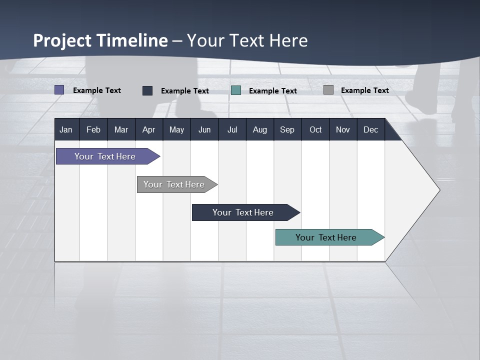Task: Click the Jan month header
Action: click(66, 129)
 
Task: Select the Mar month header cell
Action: click(121, 129)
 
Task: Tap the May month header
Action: click(176, 129)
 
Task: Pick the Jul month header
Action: click(232, 129)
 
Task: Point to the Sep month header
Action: click(287, 129)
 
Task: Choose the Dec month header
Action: click(370, 129)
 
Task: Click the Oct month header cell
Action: click(315, 129)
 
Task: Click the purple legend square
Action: click(59, 90)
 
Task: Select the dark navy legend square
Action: click(147, 90)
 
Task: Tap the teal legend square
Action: click(236, 90)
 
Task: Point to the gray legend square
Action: click(328, 90)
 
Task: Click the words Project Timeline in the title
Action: click(100, 40)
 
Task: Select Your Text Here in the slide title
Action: click(247, 40)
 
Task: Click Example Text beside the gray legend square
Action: click(364, 90)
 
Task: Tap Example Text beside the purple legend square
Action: click(97, 90)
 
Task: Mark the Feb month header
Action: click(93, 129)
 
